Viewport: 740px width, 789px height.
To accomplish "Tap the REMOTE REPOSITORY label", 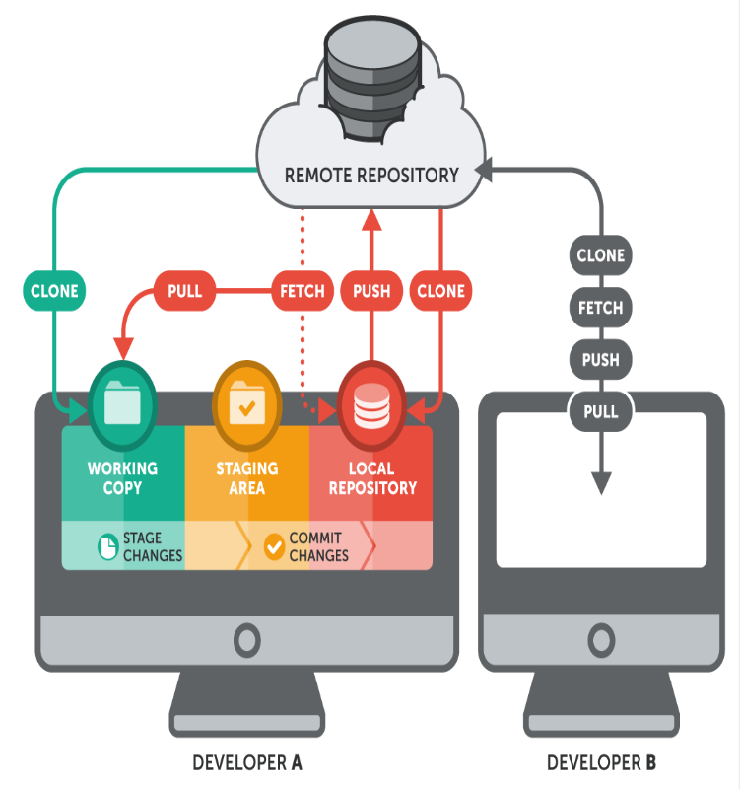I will tap(371, 176).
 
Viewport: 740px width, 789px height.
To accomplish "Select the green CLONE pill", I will tap(54, 291).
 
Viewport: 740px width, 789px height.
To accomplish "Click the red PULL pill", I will tap(184, 291).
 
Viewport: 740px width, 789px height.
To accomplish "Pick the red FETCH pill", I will tap(303, 291).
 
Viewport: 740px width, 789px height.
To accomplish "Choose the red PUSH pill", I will tap(371, 291).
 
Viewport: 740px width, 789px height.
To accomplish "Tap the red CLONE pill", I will tap(440, 291).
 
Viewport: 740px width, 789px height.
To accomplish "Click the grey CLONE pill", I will tap(600, 256).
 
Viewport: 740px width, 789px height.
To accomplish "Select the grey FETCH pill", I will tap(600, 308).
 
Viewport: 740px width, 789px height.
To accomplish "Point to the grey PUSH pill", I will tap(600, 359).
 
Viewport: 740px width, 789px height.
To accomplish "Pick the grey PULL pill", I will tap(600, 410).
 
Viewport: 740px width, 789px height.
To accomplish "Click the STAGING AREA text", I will tap(246, 477).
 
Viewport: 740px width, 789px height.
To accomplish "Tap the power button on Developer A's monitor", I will tap(246, 641).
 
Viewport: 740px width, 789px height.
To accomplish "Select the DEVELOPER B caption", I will tap(601, 762).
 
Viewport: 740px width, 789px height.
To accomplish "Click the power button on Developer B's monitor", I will tap(601, 641).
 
